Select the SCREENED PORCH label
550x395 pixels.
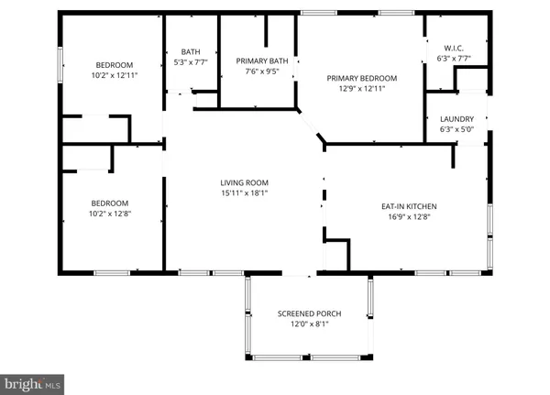pos(309,313)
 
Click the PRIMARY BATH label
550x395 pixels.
pos(262,61)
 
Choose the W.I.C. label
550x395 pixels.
pos(456,47)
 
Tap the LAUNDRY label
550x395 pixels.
pos(456,118)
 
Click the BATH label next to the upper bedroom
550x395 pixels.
pos(191,51)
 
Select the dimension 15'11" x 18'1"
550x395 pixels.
pos(243,192)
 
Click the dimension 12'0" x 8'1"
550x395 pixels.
pos(309,325)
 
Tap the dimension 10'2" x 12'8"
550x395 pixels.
pos(108,215)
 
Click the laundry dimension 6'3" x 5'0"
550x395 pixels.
pos(456,130)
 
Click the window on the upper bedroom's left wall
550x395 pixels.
pos(61,66)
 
